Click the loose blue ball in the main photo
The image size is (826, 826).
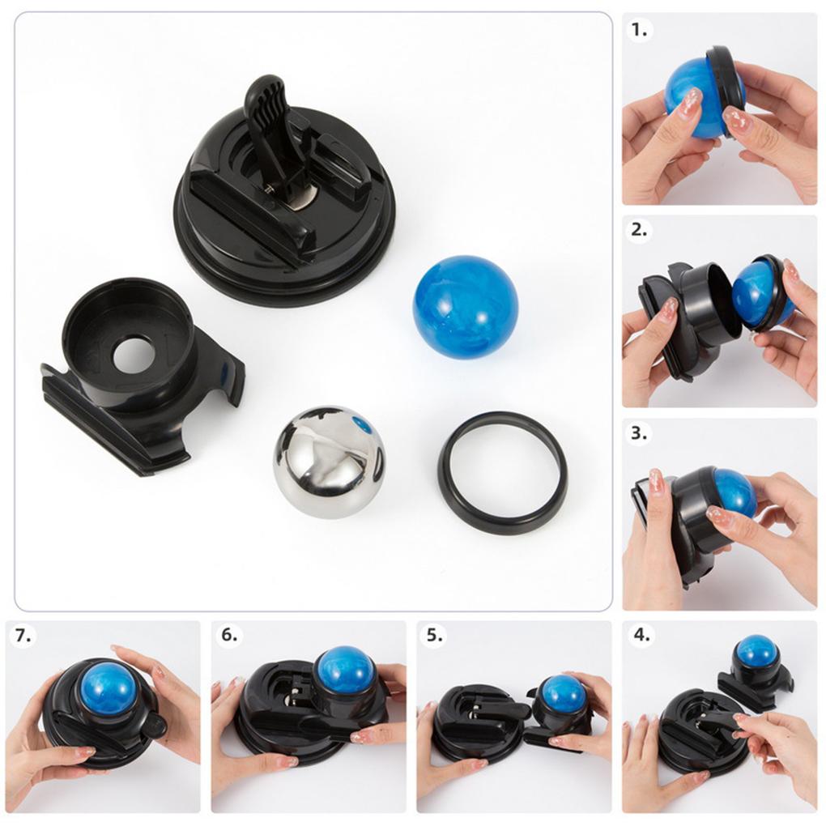[465, 306]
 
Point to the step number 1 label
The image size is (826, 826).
[640, 30]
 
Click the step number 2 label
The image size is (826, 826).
[640, 229]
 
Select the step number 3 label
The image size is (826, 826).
[640, 432]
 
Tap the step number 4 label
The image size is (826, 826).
[641, 635]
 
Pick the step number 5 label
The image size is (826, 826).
[436, 635]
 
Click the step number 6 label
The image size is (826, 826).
[230, 635]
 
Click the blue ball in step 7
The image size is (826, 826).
[108, 688]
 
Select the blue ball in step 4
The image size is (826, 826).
[757, 650]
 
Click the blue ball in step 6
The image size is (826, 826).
[345, 669]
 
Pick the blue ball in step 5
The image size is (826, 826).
[562, 693]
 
